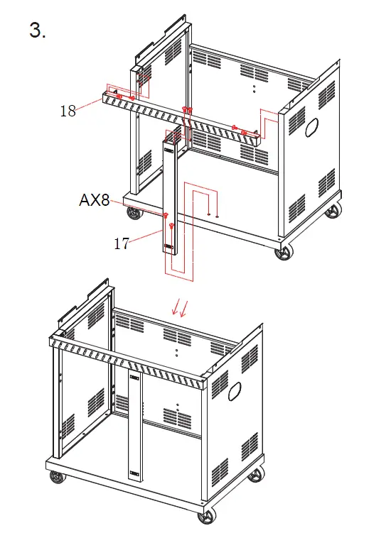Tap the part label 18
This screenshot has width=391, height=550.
(68, 110)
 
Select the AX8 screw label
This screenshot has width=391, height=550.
(94, 201)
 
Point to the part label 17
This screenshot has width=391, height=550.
(122, 243)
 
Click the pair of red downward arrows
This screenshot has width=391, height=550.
(179, 307)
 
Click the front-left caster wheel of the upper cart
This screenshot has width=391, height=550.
(133, 212)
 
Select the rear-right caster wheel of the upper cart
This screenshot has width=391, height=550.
(332, 211)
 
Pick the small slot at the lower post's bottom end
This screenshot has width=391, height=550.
(134, 471)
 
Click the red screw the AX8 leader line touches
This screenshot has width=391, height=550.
(165, 216)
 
